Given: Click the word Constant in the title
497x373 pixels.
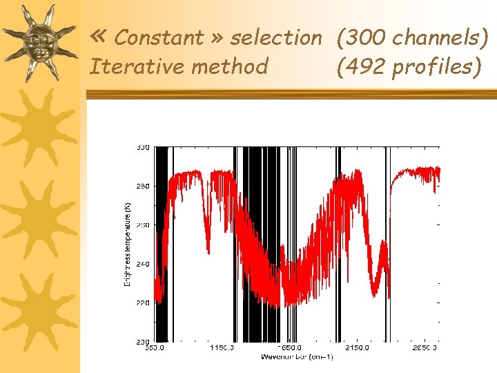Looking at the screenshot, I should click(159, 38).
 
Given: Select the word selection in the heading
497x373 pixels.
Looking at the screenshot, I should click(276, 38).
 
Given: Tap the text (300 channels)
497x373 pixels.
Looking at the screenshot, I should click(412, 38).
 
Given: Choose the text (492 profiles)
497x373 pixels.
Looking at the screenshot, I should click(408, 67).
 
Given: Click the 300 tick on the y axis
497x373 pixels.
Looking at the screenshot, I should click(142, 147).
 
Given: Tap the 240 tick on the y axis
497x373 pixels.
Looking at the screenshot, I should click(142, 263).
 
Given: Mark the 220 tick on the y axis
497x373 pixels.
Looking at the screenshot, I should click(142, 303).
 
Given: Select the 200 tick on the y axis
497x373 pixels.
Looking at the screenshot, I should click(142, 341).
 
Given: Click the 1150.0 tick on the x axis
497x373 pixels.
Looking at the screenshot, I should click(222, 348).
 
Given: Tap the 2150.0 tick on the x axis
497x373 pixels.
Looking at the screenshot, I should click(358, 348).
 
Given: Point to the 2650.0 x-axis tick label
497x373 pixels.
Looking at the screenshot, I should click(425, 348).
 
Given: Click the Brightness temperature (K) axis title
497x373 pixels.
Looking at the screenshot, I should click(126, 245).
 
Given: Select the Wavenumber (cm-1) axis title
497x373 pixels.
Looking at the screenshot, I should click(297, 357).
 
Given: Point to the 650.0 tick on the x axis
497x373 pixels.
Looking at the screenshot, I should click(155, 348).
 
